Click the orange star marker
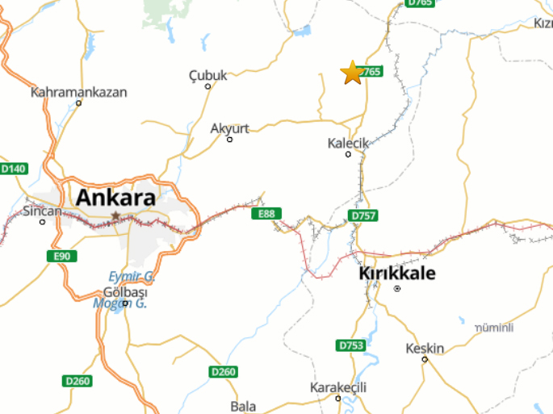tap(352, 73)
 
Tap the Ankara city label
tap(115, 197)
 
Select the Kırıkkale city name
tap(396, 274)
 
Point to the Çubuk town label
tap(208, 75)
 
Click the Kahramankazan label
tap(79, 92)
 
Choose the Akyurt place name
tap(229, 128)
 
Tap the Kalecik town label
tap(348, 143)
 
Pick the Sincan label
tap(42, 211)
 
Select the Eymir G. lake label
tap(132, 276)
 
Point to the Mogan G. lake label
tap(118, 303)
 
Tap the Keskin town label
tap(425, 349)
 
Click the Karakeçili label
tap(338, 388)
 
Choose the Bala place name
tap(243, 406)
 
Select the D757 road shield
tap(363, 216)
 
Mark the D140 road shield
tap(14, 169)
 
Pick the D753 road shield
tap(351, 345)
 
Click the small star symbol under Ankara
tap(115, 216)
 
